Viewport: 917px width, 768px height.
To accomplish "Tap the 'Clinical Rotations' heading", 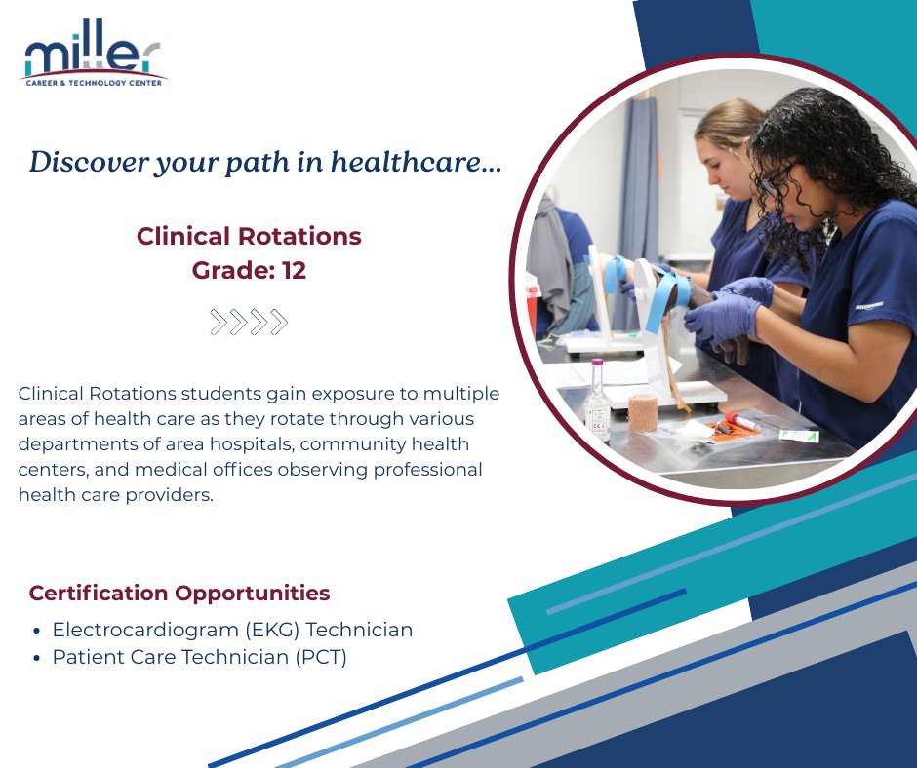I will point(249,236).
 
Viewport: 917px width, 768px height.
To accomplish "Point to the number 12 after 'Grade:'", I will point(294,271).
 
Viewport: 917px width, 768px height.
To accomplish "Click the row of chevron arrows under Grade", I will point(249,322).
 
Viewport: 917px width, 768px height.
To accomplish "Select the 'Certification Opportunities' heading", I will point(179,593).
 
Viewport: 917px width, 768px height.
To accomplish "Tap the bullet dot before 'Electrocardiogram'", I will point(36,631).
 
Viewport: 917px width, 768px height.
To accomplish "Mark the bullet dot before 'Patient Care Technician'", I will point(36,658).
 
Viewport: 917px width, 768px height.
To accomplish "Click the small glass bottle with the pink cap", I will point(597,400).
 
